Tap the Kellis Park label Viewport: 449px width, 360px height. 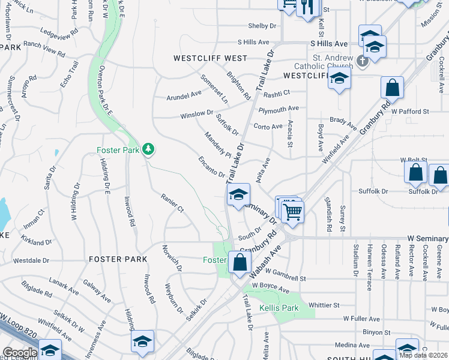point(279,308)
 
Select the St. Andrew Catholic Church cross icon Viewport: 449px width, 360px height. point(362,61)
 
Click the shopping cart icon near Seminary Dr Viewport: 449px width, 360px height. point(292,211)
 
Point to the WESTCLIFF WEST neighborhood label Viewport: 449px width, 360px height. point(210,58)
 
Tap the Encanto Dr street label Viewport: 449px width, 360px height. point(211,167)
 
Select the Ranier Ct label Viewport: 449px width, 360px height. point(172,203)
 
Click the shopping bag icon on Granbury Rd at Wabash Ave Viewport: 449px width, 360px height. point(240,262)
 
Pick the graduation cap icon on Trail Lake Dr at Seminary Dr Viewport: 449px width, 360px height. point(238,194)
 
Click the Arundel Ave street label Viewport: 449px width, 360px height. point(184,94)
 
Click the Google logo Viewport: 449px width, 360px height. point(20,353)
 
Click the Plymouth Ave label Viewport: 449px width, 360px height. point(279,109)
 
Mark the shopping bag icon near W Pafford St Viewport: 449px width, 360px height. point(392,88)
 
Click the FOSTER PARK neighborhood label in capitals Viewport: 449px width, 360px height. point(118,259)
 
